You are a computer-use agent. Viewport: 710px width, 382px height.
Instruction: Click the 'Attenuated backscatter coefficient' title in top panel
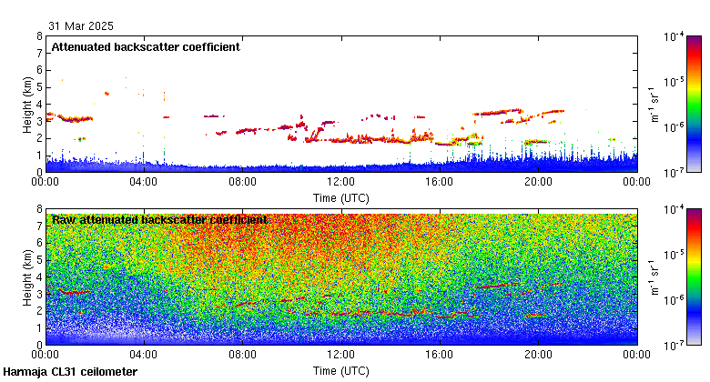pyautogui.click(x=146, y=47)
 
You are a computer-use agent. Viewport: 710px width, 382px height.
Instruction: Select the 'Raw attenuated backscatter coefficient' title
pyautogui.click(x=159, y=220)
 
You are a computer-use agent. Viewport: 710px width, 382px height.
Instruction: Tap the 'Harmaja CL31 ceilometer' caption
pyautogui.click(x=70, y=372)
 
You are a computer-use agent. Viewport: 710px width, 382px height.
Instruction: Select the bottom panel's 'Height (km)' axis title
pyautogui.click(x=28, y=277)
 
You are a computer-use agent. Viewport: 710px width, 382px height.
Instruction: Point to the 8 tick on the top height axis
pyautogui.click(x=38, y=37)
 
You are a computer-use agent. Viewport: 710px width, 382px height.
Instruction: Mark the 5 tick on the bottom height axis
pyautogui.click(x=38, y=260)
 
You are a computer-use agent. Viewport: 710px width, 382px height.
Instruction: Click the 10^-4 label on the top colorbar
pyautogui.click(x=674, y=37)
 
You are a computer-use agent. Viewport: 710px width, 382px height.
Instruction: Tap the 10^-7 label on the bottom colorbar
pyautogui.click(x=674, y=345)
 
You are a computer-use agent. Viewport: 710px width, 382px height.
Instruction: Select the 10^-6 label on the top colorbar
pyautogui.click(x=674, y=127)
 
